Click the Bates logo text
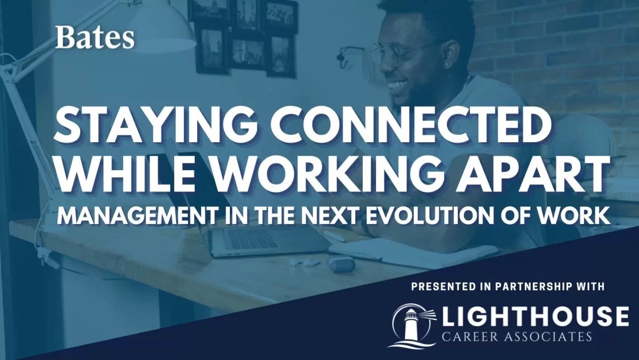pos(95,38)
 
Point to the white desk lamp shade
pos(160,29)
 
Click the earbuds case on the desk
pos(342,264)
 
